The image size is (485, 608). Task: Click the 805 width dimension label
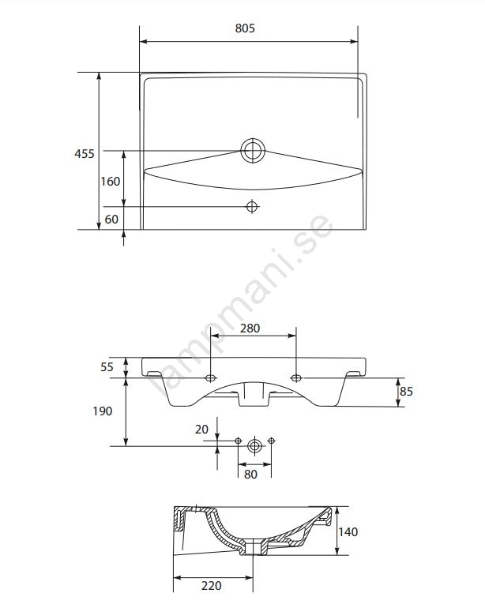click(245, 28)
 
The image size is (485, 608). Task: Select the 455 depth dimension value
click(85, 153)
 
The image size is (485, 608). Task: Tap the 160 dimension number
click(111, 181)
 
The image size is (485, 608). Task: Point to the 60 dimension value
click(111, 219)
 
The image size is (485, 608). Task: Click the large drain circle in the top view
click(253, 151)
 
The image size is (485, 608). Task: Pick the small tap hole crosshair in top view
click(252, 207)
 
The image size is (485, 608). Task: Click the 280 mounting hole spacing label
click(250, 328)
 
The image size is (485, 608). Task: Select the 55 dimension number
click(107, 366)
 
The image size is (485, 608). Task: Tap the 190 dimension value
click(103, 411)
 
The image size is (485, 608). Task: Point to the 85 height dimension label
click(406, 391)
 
